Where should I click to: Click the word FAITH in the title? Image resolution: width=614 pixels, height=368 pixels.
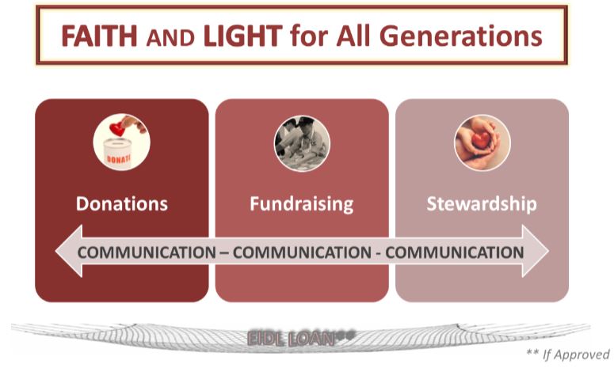coord(99,36)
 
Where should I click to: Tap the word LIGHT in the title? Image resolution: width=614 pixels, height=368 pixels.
coord(242,36)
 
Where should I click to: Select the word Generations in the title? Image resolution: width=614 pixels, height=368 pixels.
coord(461,36)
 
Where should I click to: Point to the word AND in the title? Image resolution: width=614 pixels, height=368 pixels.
coord(170,38)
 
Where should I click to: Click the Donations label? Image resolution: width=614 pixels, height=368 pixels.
coord(122,203)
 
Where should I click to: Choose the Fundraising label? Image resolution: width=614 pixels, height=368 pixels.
coord(302,204)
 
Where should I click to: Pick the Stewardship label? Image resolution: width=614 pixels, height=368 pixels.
coord(482,204)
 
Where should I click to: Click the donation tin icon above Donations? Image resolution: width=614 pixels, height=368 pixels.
coord(121,142)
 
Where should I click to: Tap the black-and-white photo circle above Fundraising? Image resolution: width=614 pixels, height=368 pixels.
coord(302,143)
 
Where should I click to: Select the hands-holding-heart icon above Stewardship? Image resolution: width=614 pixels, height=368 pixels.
coord(482,142)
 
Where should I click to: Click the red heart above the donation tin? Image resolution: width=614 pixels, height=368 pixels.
coord(117,129)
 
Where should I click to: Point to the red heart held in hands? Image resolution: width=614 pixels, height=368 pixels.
coord(481,140)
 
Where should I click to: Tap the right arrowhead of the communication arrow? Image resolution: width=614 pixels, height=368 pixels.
coord(536,251)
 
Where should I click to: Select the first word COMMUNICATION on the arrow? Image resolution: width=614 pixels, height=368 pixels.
coord(147,252)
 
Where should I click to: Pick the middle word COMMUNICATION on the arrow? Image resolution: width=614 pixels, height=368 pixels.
coord(302,252)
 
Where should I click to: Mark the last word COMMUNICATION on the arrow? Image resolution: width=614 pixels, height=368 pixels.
coord(455,252)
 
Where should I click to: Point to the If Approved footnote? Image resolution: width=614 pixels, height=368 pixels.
coord(568,355)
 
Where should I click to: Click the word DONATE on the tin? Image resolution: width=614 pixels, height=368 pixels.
coord(118,160)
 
